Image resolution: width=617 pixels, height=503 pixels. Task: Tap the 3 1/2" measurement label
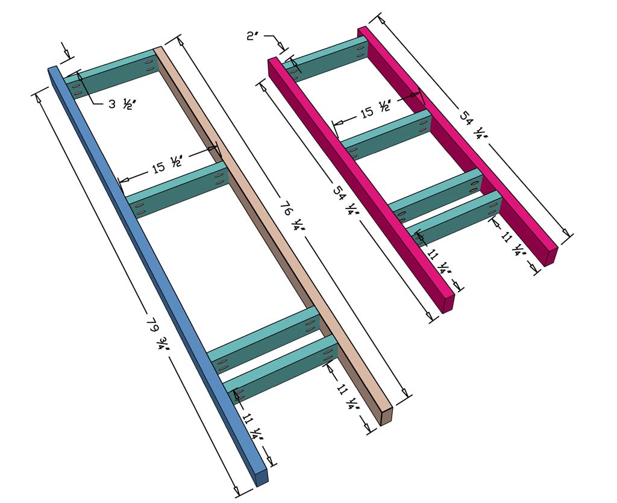click(x=120, y=104)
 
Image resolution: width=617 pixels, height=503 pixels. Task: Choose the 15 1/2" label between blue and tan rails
click(x=166, y=167)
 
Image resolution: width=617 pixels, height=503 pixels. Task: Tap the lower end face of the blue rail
click(x=261, y=477)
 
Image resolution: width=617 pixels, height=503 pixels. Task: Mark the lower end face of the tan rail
click(x=386, y=416)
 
